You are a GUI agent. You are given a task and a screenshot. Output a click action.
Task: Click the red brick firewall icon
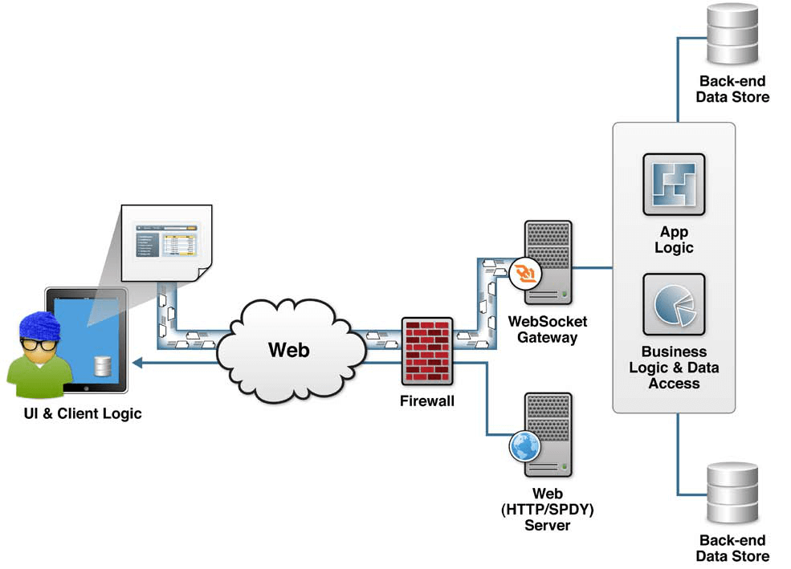(x=427, y=351)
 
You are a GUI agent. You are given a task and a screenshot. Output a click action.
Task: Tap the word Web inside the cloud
(x=288, y=350)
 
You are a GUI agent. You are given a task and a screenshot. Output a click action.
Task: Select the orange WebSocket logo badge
(x=524, y=274)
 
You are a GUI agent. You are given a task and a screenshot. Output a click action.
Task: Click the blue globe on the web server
(x=524, y=446)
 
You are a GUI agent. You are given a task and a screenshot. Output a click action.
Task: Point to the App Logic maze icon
(x=674, y=185)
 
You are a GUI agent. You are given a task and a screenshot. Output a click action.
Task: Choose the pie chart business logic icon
(x=674, y=304)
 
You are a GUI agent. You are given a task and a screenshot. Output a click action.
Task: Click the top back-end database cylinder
(x=732, y=34)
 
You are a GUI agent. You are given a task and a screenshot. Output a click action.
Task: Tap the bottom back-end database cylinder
(x=732, y=493)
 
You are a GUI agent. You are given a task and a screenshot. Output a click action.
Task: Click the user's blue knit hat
(x=40, y=326)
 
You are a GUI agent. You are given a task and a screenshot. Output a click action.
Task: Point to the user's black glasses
(x=39, y=345)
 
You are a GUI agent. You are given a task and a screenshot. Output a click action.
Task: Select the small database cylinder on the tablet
(x=103, y=367)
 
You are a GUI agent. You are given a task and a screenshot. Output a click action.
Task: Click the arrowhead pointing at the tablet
(x=137, y=363)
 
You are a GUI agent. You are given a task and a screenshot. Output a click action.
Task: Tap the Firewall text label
(x=426, y=401)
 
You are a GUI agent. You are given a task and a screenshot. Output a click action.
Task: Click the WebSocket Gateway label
(x=548, y=329)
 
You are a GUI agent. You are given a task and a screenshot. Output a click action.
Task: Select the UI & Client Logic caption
(x=83, y=414)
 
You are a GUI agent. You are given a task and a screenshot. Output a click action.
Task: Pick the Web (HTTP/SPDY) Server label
(x=548, y=509)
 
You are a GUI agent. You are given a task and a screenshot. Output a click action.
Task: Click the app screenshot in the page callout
(x=166, y=241)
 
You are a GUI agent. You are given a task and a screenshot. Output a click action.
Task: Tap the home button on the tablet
(x=86, y=388)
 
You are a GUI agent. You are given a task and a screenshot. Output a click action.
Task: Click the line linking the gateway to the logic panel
(x=592, y=267)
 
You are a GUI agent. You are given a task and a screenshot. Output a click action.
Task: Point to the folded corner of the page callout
(x=204, y=274)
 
